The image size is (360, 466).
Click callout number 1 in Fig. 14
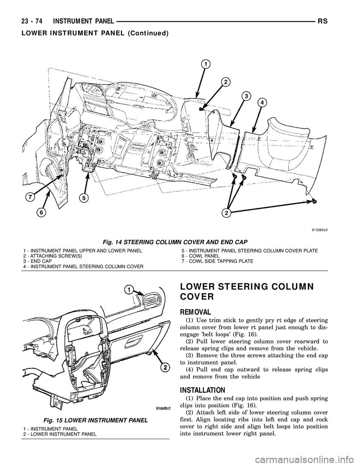click(206, 64)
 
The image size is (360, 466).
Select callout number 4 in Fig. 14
click(262, 102)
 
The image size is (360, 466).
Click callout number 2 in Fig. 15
click(163, 368)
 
